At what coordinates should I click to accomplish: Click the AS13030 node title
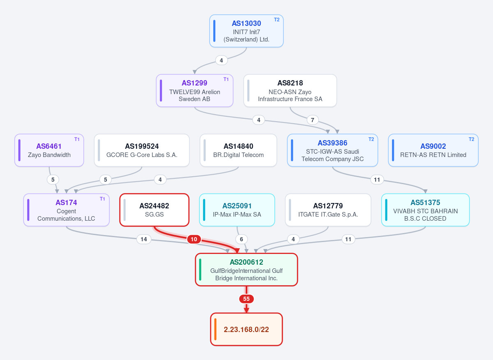pyautogui.click(x=246, y=23)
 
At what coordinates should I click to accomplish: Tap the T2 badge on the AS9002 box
pyautogui.click(x=471, y=139)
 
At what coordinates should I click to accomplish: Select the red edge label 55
pyautogui.click(x=246, y=299)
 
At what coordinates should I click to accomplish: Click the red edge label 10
pyautogui.click(x=194, y=239)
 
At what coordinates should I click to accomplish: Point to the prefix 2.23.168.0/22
pyautogui.click(x=246, y=330)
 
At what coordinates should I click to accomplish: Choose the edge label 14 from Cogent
pyautogui.click(x=144, y=239)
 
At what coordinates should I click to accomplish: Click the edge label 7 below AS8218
pyautogui.click(x=313, y=120)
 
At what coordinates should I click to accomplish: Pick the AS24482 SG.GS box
pyautogui.click(x=154, y=210)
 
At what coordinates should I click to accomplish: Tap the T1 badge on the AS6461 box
pyautogui.click(x=77, y=139)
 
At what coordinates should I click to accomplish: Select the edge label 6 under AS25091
pyautogui.click(x=242, y=239)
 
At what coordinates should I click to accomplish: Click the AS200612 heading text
pyautogui.click(x=246, y=262)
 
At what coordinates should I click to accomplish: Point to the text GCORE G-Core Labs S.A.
pyautogui.click(x=142, y=155)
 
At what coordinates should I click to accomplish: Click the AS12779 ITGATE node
pyautogui.click(x=328, y=210)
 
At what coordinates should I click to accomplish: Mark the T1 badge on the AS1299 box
pyautogui.click(x=226, y=79)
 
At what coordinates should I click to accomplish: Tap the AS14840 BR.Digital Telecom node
pyautogui.click(x=238, y=150)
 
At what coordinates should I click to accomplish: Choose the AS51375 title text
pyautogui.click(x=425, y=202)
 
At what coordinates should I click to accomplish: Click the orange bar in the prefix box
pyautogui.click(x=215, y=330)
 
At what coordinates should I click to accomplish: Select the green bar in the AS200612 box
pyautogui.click(x=200, y=270)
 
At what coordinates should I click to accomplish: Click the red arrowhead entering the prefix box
pyautogui.click(x=246, y=310)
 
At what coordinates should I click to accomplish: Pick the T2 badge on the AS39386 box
pyautogui.click(x=371, y=139)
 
